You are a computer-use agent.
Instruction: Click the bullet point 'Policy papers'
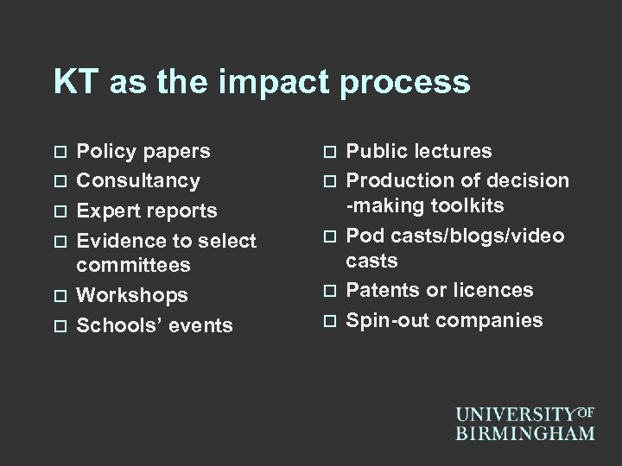pos(143,152)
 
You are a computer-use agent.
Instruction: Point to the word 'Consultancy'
pos(138,181)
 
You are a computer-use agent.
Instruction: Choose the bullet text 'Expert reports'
pos(147,211)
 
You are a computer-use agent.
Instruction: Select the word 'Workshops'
pos(132,295)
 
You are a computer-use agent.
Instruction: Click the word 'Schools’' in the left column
pos(117,325)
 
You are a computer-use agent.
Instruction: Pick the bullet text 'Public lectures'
pos(419,152)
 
